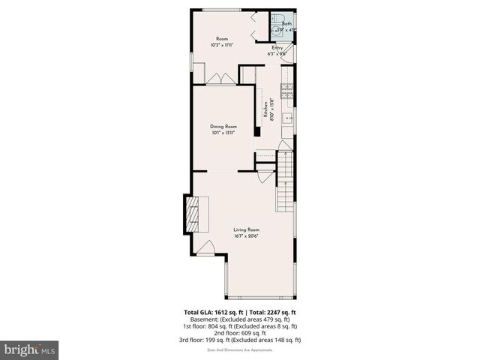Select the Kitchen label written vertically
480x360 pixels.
(x=265, y=109)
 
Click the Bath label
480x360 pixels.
(x=286, y=24)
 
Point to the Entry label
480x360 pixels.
(x=277, y=47)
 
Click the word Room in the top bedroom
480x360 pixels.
(x=222, y=39)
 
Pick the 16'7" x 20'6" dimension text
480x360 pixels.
(x=245, y=235)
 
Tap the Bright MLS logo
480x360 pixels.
(x=29, y=349)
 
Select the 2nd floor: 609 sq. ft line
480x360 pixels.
(x=240, y=333)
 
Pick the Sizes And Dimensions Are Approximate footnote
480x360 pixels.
(x=240, y=349)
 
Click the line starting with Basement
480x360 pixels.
(x=240, y=319)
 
